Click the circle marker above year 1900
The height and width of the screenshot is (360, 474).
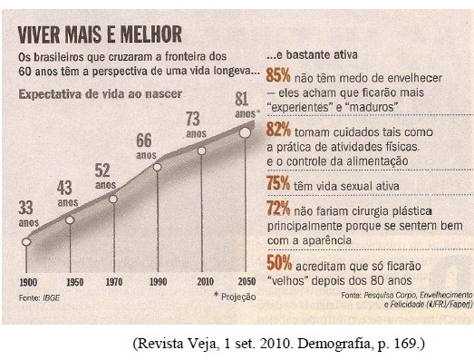click(26, 242)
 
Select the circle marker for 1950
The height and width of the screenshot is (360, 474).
click(70, 220)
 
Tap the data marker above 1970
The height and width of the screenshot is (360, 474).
click(113, 199)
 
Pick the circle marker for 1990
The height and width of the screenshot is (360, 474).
click(157, 167)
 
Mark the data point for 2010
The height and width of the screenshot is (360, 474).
click(201, 151)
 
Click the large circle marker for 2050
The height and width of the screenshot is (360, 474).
click(245, 132)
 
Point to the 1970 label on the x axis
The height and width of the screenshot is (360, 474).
click(114, 282)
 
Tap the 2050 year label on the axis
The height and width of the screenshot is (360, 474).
click(247, 282)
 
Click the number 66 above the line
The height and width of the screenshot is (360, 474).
click(144, 141)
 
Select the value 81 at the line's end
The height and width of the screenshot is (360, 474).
click(242, 99)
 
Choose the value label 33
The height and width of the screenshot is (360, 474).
click(25, 208)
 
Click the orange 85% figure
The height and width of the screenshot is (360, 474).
click(278, 75)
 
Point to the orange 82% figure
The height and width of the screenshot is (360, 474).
click(278, 129)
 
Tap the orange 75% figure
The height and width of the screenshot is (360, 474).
click(278, 183)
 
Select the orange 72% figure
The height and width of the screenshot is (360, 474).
click(278, 209)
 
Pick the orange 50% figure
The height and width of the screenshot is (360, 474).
click(279, 263)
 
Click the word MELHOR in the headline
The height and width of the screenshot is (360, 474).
click(150, 34)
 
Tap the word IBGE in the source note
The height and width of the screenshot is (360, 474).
click(51, 298)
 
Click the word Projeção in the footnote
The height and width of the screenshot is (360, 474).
click(238, 297)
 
